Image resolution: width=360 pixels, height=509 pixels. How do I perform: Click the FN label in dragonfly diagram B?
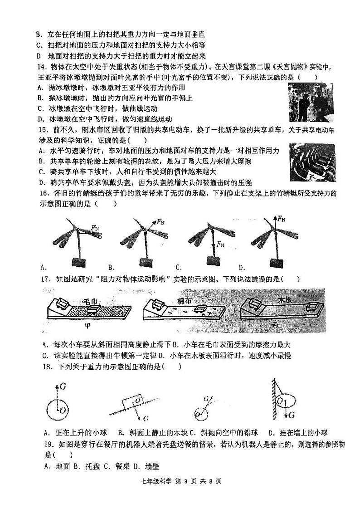(x=161, y=222)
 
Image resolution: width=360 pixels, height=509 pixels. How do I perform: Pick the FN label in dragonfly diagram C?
(x=221, y=245)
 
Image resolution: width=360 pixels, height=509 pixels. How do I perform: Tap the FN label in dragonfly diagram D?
(x=282, y=219)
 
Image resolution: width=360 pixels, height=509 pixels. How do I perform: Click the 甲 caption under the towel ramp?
(x=89, y=325)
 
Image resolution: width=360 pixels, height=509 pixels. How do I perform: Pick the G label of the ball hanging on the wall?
(x=292, y=415)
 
